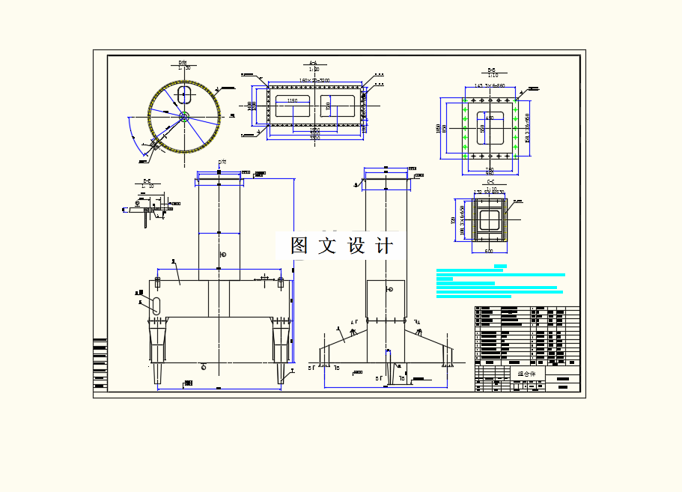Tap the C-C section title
tap(490, 182)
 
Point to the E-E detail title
tap(147, 181)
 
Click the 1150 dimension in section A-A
tap(292, 100)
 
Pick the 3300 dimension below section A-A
tap(314, 139)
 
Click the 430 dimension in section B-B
tap(490, 118)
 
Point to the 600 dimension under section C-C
tap(489, 251)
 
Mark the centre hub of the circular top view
tap(184, 115)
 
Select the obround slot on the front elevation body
tap(156, 304)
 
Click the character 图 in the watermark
tap(299, 246)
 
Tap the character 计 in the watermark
tap(383, 246)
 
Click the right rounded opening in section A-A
tap(338, 105)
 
